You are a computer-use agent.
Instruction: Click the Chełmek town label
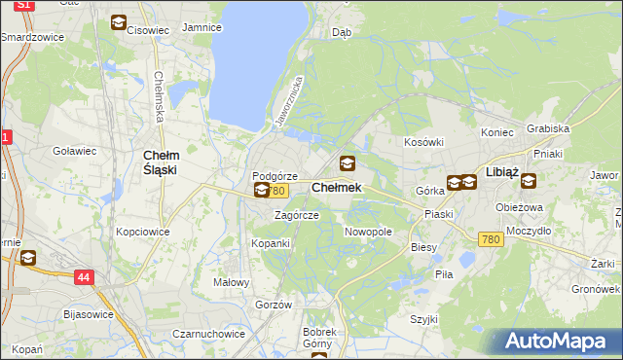[337, 187]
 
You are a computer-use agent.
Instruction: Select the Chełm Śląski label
[160, 162]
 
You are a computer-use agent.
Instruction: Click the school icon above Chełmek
[348, 163]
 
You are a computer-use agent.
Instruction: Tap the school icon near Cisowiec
[118, 22]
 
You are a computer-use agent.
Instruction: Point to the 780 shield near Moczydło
[491, 239]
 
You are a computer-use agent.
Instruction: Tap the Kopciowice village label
[143, 233]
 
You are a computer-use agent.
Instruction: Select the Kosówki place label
[424, 142]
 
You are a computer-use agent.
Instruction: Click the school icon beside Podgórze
[261, 190]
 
